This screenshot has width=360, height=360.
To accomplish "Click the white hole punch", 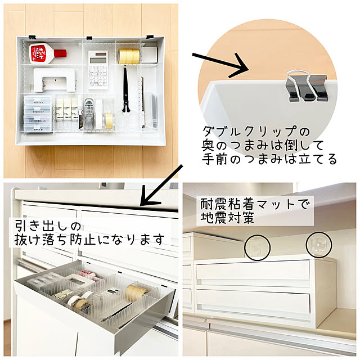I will (55, 79).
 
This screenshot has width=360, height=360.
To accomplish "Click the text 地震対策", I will (222, 217).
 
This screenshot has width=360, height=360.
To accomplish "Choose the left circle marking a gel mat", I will (258, 246).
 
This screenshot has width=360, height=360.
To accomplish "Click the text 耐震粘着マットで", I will (254, 202).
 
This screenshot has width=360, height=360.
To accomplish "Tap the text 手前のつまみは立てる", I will (269, 160).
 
